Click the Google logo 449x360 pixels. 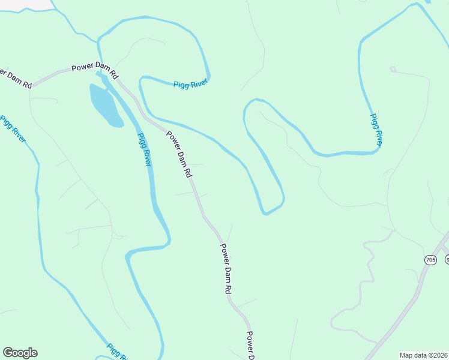20,353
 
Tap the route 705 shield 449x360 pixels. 430,260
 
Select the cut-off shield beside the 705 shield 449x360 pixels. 447,260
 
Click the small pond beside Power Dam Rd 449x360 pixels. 105,105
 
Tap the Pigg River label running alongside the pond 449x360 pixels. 144,149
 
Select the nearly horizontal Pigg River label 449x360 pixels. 190,85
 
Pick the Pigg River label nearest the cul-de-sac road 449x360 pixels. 376,130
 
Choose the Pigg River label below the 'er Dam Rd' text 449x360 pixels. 12,128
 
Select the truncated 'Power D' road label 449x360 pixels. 251,345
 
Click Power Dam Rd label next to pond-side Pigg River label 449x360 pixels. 179,154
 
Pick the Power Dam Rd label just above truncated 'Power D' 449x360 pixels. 225,268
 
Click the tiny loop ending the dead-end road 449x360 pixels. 393,70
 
